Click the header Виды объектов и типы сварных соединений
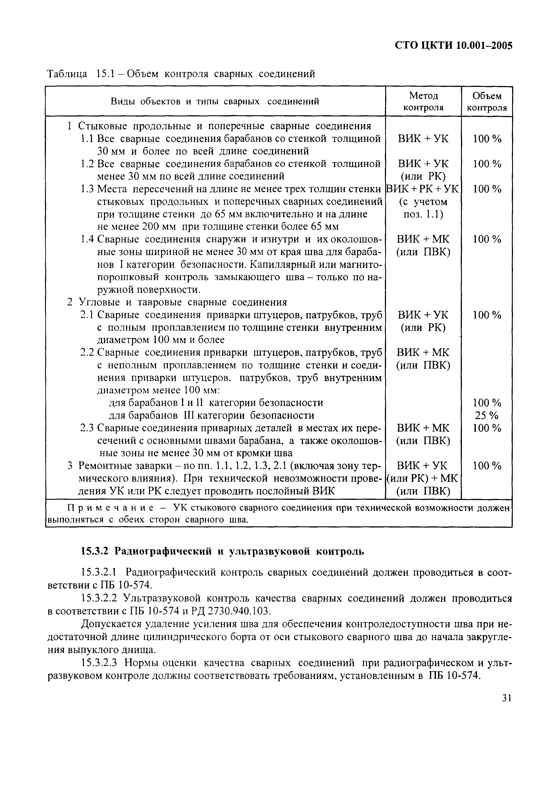point(215,102)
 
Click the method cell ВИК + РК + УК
point(423,189)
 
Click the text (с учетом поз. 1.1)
point(423,208)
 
